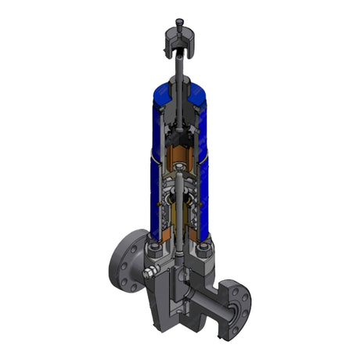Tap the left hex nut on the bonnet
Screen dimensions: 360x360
coord(154,250)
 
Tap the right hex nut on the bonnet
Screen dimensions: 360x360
coord(205,250)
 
